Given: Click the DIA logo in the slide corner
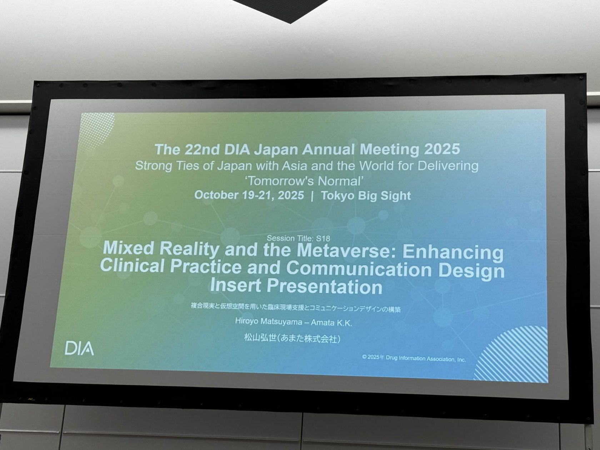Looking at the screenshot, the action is (x=79, y=349).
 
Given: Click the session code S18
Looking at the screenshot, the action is (x=323, y=239).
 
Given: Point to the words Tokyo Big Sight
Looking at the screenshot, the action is (x=366, y=196).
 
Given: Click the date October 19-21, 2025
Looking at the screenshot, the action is (x=249, y=195).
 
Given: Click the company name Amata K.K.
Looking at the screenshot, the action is (x=331, y=322).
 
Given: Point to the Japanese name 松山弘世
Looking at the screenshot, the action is (x=260, y=338).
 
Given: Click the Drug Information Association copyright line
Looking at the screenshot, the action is (x=414, y=358).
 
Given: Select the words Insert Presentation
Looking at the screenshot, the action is (x=296, y=286).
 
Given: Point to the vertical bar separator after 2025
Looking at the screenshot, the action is (x=312, y=196).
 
